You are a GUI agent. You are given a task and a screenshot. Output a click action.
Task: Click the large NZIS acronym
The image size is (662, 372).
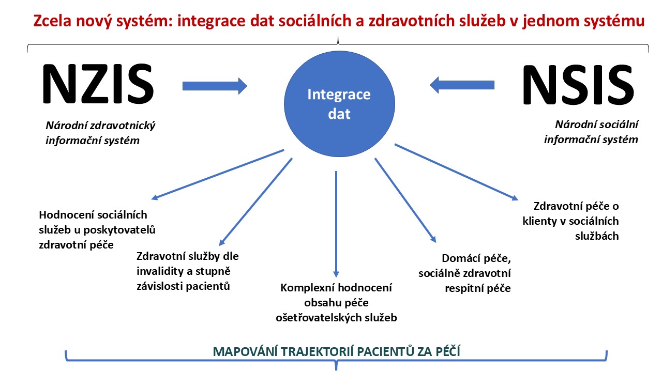[x=98, y=84]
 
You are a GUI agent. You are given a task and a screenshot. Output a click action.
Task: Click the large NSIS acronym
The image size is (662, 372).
[x=578, y=85]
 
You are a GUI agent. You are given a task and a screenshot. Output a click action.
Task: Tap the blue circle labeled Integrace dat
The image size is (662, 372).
[x=339, y=104]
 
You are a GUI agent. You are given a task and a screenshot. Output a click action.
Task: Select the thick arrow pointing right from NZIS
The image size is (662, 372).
[x=215, y=86]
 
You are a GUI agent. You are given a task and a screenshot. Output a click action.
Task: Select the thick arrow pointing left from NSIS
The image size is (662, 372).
[x=462, y=85]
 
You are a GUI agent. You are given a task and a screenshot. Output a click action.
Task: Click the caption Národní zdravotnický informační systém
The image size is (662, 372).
[x=100, y=133]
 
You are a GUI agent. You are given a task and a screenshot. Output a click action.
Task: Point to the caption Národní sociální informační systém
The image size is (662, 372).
[x=591, y=132]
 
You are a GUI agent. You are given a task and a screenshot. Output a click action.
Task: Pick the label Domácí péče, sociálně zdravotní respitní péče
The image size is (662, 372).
[x=464, y=273]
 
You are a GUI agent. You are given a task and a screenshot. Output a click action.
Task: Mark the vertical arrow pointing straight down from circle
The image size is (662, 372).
[x=336, y=224]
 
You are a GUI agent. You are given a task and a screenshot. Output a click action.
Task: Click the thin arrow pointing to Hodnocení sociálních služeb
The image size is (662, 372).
[x=218, y=175]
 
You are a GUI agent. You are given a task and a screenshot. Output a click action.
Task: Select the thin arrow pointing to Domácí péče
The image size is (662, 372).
[x=405, y=200]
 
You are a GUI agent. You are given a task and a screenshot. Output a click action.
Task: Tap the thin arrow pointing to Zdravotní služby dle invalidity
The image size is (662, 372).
[x=255, y=202]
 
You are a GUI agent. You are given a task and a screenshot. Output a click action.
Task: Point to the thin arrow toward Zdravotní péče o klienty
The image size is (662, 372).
[x=456, y=172]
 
